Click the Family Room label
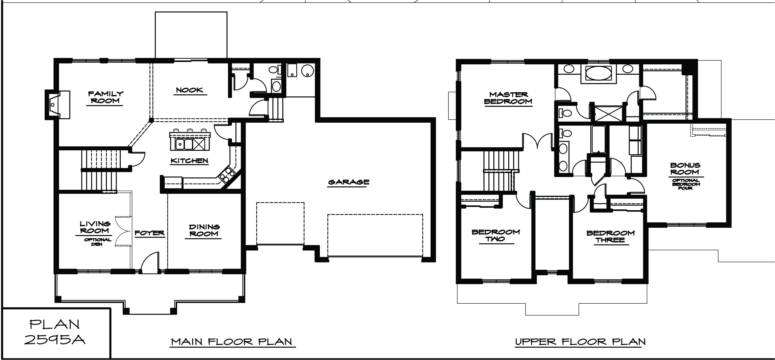pyautogui.click(x=105, y=97)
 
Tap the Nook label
pyautogui.click(x=189, y=90)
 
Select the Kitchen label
pyautogui.click(x=189, y=161)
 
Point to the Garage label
pyautogui.click(x=349, y=182)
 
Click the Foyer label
pyautogui.click(x=150, y=233)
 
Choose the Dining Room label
pyautogui.click(x=204, y=230)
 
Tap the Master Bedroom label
pyautogui.click(x=508, y=98)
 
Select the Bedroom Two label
pyautogui.click(x=496, y=236)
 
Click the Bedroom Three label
pyautogui.click(x=611, y=236)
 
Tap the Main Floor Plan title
pyautogui.click(x=232, y=342)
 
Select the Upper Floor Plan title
pyautogui.click(x=581, y=342)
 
